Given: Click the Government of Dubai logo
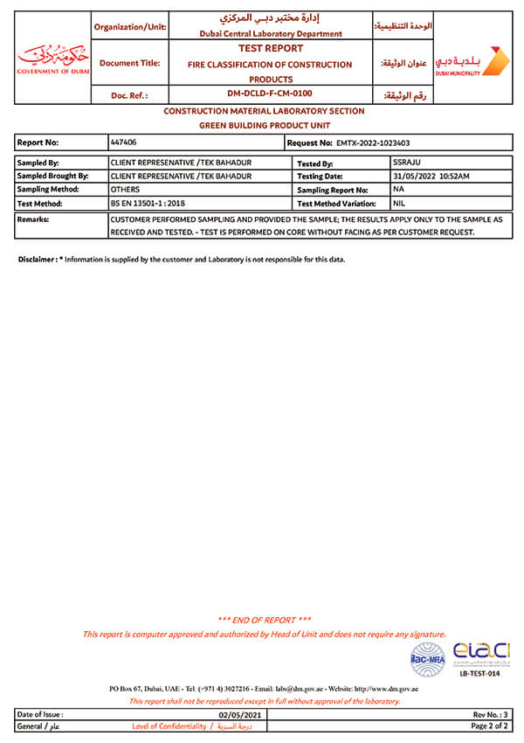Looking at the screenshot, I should [52, 59].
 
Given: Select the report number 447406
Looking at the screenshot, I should [122, 141].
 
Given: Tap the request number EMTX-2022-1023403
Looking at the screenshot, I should [373, 142].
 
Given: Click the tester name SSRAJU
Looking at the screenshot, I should [408, 163].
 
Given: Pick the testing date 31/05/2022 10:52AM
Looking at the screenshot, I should [431, 176].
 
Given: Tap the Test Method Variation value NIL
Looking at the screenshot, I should [400, 202].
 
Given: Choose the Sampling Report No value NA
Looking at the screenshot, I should [398, 189].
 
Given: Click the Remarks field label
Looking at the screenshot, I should [33, 219].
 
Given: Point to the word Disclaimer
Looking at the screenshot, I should [38, 260].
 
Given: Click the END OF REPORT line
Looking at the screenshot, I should [264, 620].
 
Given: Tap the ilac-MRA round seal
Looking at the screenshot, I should [428, 660].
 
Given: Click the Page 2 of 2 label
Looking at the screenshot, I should [489, 726].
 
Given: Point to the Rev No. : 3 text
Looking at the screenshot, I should [490, 715].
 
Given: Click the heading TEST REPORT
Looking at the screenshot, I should [270, 49].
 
